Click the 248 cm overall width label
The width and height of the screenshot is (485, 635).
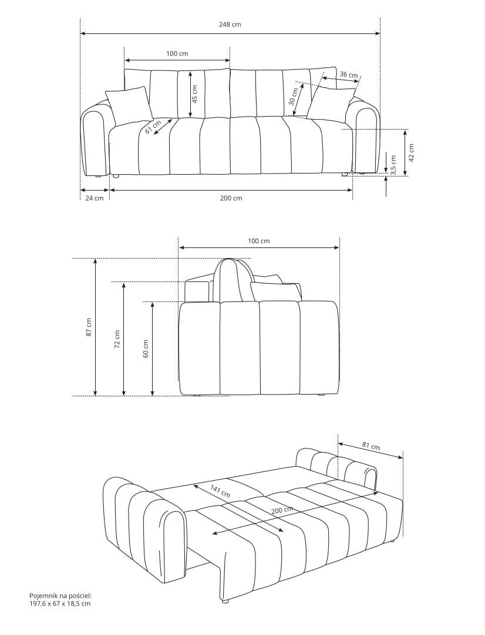[x=230, y=24]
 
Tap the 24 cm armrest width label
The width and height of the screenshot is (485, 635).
[x=95, y=198]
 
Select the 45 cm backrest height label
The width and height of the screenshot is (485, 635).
[x=195, y=94]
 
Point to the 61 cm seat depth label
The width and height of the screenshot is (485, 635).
[x=153, y=126]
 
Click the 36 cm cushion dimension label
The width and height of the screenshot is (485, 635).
[x=349, y=74]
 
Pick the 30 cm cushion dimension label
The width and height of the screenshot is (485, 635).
[x=294, y=96]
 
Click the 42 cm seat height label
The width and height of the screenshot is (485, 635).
[x=411, y=152]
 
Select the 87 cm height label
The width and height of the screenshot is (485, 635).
[x=89, y=327]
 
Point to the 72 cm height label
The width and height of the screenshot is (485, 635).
[x=117, y=339]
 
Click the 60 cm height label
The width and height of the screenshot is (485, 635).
[x=146, y=348]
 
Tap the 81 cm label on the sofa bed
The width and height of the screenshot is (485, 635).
[x=371, y=446]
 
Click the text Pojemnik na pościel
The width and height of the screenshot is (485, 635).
[x=60, y=596]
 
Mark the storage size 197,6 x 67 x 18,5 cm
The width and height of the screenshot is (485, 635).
[x=60, y=603]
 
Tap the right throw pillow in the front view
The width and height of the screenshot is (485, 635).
[x=331, y=103]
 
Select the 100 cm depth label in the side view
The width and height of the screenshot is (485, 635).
[x=259, y=241]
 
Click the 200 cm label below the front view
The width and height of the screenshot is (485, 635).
[x=231, y=198]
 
